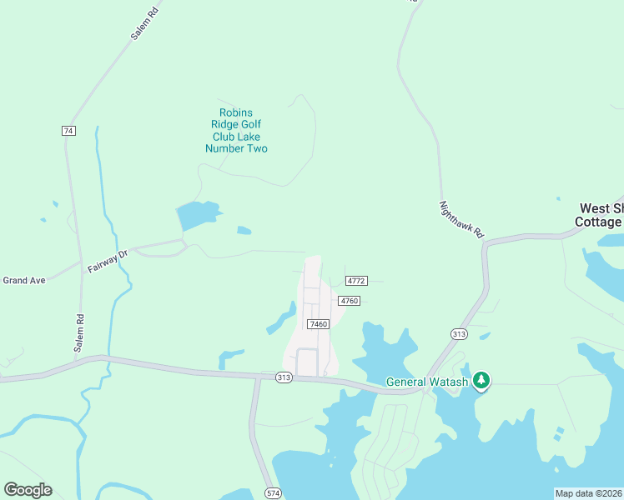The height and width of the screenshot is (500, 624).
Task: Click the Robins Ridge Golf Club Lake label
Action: point(236,131)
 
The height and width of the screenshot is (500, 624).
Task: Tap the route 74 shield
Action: point(68,131)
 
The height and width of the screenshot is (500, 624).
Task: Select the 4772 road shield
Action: point(356,281)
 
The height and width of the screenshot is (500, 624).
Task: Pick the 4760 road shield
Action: point(349,301)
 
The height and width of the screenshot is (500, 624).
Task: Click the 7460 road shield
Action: point(318,323)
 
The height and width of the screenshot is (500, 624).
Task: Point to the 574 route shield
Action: point(273,493)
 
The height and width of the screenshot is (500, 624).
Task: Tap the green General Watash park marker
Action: point(481,381)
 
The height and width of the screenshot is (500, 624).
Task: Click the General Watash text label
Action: point(427,382)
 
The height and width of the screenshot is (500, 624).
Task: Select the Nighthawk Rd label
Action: point(461,219)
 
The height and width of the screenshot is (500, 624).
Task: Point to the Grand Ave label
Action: point(23,280)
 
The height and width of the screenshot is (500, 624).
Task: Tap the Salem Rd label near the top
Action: point(143,26)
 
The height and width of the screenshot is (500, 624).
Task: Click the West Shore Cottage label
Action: point(600,215)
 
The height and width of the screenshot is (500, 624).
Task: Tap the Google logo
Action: point(28,489)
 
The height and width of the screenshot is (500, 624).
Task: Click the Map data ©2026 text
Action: point(588,492)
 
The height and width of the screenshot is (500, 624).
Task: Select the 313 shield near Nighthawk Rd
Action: point(458,333)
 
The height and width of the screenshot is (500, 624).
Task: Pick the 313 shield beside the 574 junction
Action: point(284,377)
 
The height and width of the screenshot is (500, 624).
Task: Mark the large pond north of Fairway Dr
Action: point(197,216)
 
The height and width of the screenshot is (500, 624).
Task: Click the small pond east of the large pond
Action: point(244,231)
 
